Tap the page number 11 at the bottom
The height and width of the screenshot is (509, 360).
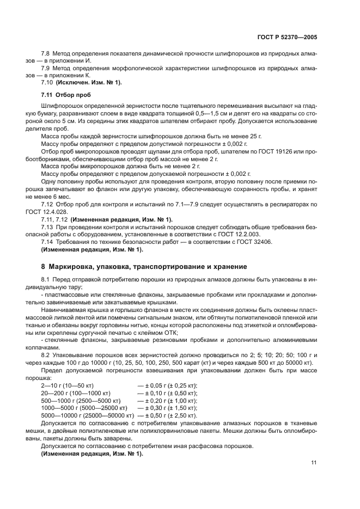pos(314,463)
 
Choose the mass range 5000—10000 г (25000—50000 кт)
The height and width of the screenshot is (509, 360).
pos(87,415)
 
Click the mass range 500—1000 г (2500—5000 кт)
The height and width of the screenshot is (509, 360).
pos(79,400)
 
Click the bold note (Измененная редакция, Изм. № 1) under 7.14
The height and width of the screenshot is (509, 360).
pos(91,249)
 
